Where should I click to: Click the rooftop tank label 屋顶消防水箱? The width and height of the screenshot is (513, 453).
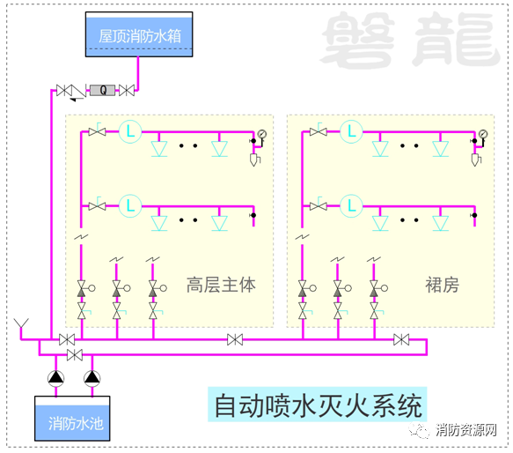pyautogui.click(x=140, y=36)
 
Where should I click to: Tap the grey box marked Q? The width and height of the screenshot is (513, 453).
pyautogui.click(x=103, y=90)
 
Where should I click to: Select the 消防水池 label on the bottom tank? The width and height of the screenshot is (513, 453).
pyautogui.click(x=76, y=424)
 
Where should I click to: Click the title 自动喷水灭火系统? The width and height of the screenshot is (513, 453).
pyautogui.click(x=318, y=406)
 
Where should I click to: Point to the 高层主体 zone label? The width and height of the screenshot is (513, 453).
pyautogui.click(x=221, y=285)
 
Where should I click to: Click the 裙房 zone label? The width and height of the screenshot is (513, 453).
pyautogui.click(x=442, y=285)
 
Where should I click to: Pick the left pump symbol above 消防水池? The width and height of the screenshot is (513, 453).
pyautogui.click(x=56, y=378)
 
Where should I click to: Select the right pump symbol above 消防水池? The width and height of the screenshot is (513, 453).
pyautogui.click(x=92, y=378)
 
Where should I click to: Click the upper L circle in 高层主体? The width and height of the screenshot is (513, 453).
pyautogui.click(x=130, y=132)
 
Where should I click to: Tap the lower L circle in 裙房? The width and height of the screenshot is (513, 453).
pyautogui.click(x=351, y=206)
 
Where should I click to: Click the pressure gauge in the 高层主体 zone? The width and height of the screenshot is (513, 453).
pyautogui.click(x=261, y=134)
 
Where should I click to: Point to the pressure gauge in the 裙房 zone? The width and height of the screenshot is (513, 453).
pyautogui.click(x=483, y=134)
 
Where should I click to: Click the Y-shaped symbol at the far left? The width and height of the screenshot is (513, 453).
pyautogui.click(x=21, y=323)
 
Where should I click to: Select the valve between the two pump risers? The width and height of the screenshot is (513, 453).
pyautogui.click(x=75, y=354)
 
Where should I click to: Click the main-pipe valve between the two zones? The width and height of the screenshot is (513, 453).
pyautogui.click(x=235, y=339)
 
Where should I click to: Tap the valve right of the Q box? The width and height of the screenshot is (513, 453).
pyautogui.click(x=127, y=90)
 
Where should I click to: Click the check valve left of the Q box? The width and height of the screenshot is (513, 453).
pyautogui.click(x=78, y=92)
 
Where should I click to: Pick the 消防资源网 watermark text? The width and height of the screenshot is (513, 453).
pyautogui.click(x=465, y=430)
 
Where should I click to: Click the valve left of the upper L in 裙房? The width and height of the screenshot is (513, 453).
pyautogui.click(x=319, y=132)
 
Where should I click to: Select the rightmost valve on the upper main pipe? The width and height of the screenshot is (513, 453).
pyautogui.click(x=401, y=339)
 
